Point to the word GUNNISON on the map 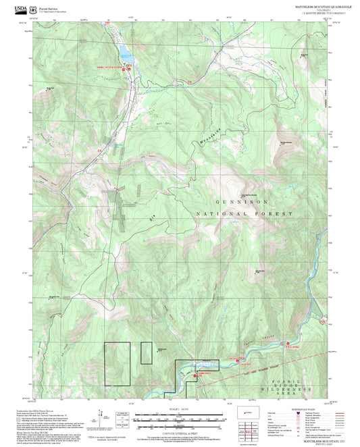(x=242, y=202)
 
